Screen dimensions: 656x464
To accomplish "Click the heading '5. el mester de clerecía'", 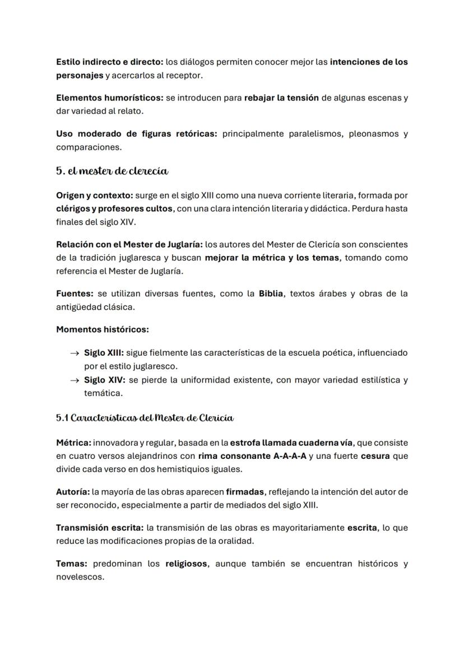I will point(112,171).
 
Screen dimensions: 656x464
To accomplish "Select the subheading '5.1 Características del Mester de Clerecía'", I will point(145,418).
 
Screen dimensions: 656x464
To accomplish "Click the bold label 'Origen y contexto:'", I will point(93,196).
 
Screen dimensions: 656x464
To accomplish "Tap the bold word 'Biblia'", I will point(271,294).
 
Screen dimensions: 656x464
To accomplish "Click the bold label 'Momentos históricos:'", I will point(102,329).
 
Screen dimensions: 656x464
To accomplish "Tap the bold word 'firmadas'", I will point(245,492).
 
